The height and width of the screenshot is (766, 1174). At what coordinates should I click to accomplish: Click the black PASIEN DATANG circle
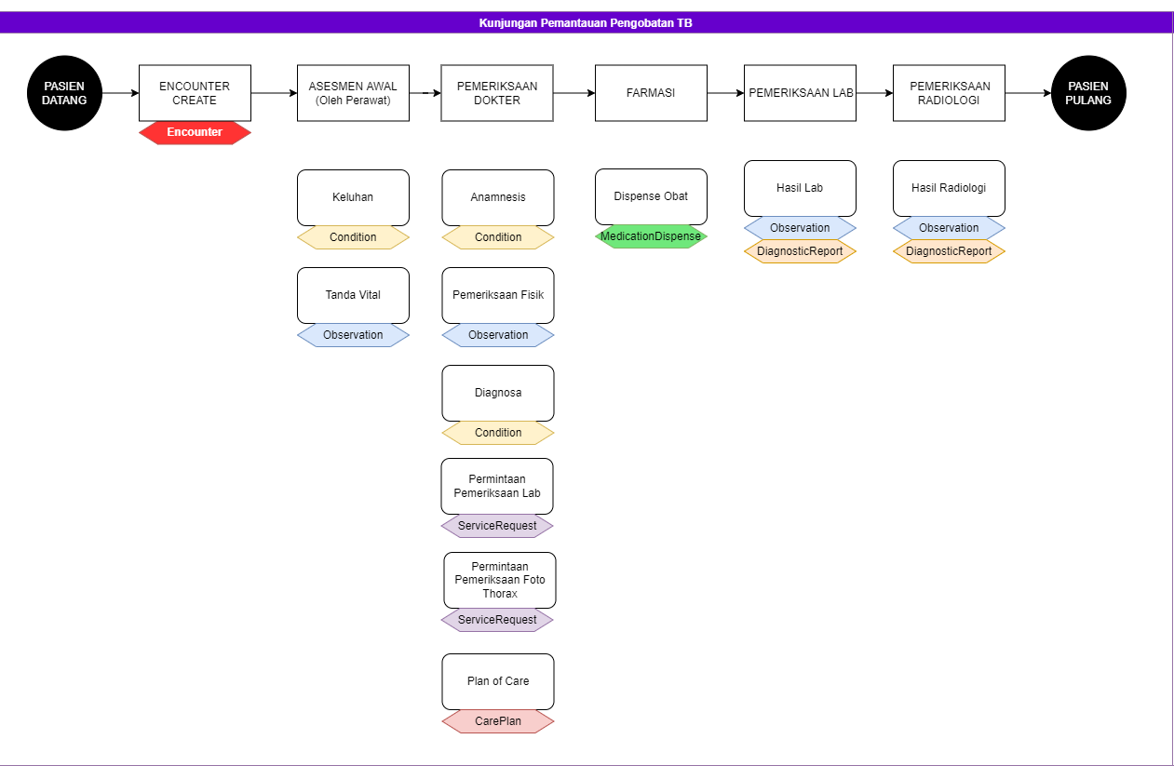(x=64, y=93)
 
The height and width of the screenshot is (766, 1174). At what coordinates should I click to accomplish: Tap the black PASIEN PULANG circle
(x=1088, y=93)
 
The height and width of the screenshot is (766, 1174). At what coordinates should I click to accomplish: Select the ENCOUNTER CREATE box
(x=195, y=93)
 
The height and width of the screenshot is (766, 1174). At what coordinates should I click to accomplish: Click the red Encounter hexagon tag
(x=195, y=132)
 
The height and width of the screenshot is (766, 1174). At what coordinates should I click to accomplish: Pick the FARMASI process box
(x=651, y=93)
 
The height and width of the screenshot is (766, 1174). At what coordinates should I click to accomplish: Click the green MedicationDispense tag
(x=651, y=236)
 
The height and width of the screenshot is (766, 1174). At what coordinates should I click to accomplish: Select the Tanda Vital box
(x=353, y=295)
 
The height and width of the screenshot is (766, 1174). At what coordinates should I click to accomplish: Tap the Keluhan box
(x=353, y=197)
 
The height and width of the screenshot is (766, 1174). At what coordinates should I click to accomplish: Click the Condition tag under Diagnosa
(x=498, y=432)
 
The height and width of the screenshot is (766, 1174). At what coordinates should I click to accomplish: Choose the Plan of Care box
(x=498, y=681)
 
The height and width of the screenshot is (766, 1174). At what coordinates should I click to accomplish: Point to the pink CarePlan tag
(x=498, y=721)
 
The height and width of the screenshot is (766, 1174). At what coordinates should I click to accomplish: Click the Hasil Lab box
(x=800, y=188)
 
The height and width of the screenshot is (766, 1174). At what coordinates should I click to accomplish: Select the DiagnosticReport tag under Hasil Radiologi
(x=949, y=251)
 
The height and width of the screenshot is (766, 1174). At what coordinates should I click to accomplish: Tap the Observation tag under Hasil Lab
(x=800, y=228)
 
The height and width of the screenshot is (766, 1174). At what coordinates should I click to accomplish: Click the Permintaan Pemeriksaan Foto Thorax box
(x=500, y=580)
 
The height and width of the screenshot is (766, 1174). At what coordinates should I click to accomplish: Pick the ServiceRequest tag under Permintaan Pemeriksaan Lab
(x=497, y=526)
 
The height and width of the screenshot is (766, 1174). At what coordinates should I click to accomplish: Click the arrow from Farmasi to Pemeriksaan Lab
(x=726, y=93)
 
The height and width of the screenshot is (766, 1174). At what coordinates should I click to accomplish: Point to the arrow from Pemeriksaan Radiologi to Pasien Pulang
(x=1028, y=93)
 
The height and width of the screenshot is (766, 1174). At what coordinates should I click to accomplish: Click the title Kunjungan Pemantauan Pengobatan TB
(x=586, y=23)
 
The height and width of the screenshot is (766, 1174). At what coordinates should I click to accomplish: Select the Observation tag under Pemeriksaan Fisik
(x=498, y=335)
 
